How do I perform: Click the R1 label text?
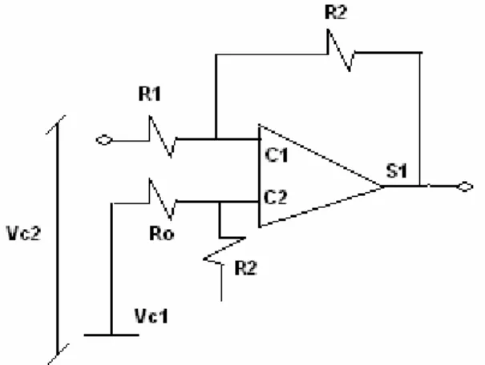click(x=150, y=94)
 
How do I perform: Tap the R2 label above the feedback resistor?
click(x=336, y=13)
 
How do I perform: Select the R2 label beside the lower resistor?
click(x=246, y=268)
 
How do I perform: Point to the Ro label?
click(x=161, y=234)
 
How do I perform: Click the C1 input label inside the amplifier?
click(x=277, y=155)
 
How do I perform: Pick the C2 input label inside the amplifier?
click(x=276, y=197)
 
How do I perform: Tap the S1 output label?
click(x=397, y=170)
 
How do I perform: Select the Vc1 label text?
click(x=152, y=316)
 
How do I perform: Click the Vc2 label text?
click(x=23, y=233)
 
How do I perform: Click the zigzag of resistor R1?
click(x=163, y=137)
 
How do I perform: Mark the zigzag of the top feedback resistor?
click(x=341, y=50)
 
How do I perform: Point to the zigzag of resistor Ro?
click(x=163, y=199)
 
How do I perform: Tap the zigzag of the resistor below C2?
click(x=224, y=251)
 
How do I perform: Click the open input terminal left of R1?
click(x=104, y=140)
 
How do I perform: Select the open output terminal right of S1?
click(x=465, y=187)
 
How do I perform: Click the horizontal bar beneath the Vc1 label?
click(x=111, y=335)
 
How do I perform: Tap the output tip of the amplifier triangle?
click(x=383, y=187)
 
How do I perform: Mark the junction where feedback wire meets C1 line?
click(x=216, y=139)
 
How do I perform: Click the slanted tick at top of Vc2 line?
click(x=55, y=125)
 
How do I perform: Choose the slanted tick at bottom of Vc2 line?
click(x=58, y=354)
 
